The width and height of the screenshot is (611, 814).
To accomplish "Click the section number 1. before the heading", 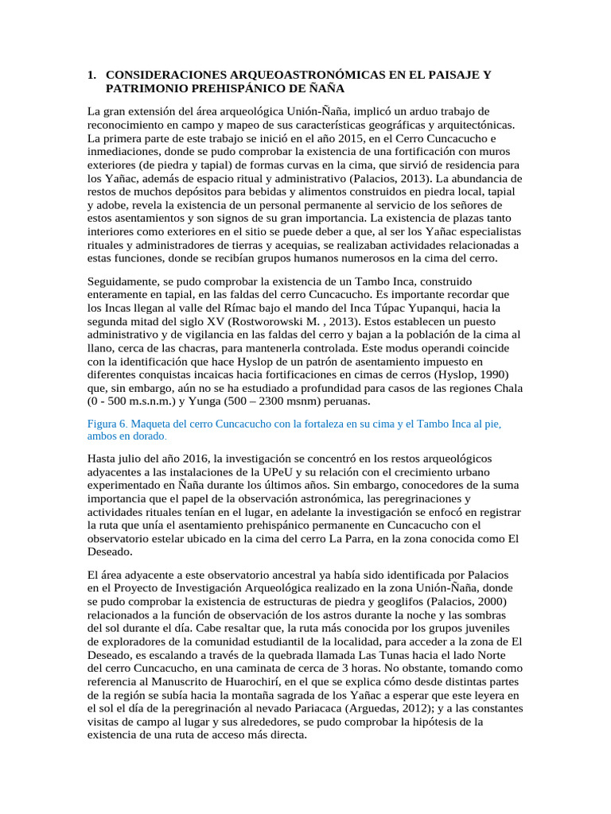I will pyautogui.click(x=92, y=75).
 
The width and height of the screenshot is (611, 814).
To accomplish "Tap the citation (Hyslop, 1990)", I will pyautogui.click(x=477, y=374).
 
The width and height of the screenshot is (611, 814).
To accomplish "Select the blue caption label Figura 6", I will pyautogui.click(x=107, y=424).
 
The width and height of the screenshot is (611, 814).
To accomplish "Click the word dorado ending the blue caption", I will pyautogui.click(x=148, y=437).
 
